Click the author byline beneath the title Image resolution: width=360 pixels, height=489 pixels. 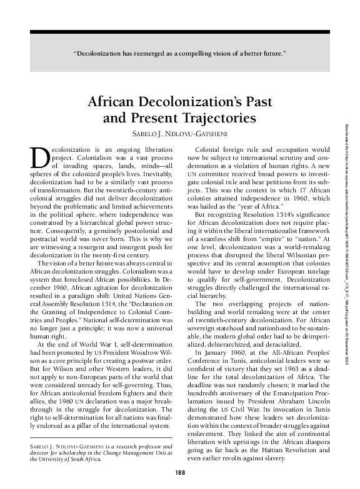(x=179, y=133)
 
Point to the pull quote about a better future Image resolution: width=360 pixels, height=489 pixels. (x=180, y=53)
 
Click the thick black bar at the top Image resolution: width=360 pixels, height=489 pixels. (x=180, y=31)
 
